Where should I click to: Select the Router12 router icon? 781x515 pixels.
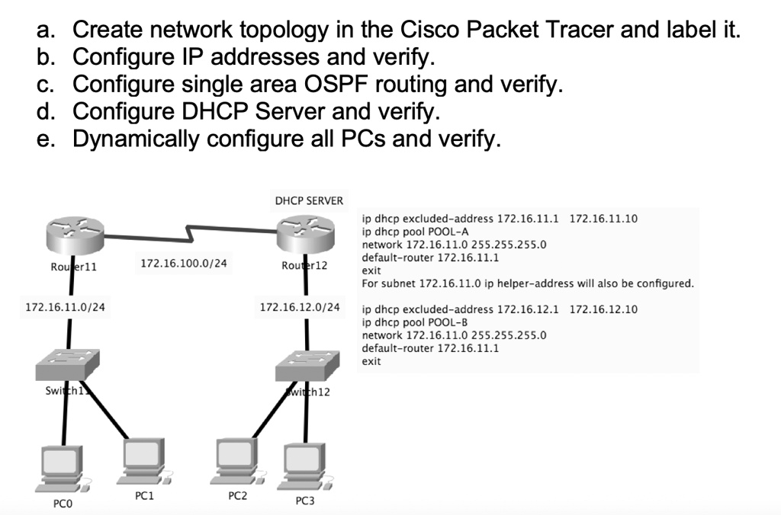pos(305,234)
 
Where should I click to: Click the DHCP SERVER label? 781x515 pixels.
pos(309,201)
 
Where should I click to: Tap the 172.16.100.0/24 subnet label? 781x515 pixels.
pos(183,264)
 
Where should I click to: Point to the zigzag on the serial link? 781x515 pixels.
pos(188,230)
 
